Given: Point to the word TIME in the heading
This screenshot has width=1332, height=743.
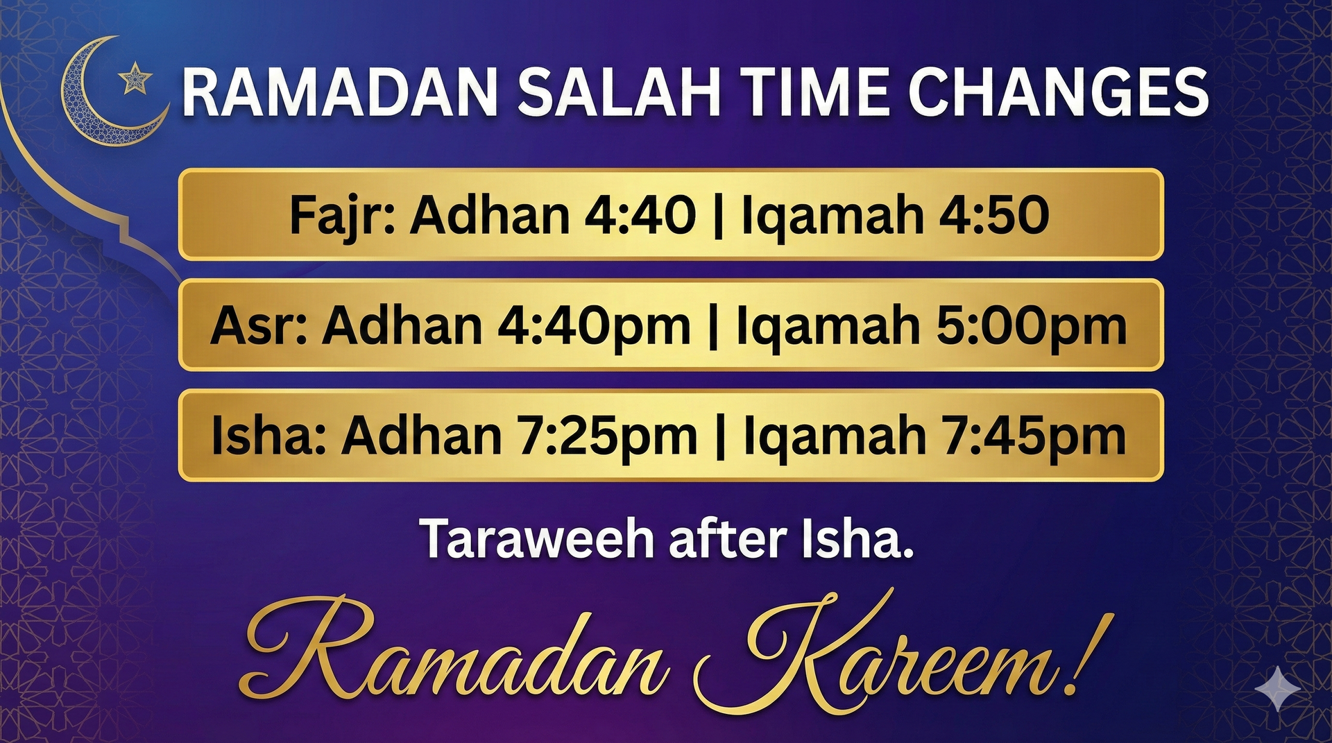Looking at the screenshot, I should coord(815,92).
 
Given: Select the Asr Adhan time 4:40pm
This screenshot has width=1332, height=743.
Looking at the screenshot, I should coord(594,326).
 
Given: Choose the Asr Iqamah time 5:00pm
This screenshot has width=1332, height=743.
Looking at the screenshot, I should coord(1031,326).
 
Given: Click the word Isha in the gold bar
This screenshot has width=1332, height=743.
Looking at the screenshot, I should coord(268,436).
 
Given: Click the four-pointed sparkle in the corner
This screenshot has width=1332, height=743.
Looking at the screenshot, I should coord(1278,689).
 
